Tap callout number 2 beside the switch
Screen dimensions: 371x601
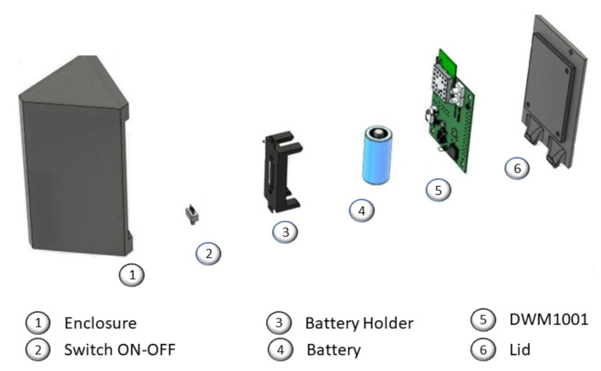click(x=208, y=253)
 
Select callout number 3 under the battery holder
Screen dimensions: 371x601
click(x=284, y=232)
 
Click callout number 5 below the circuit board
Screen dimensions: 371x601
click(x=438, y=188)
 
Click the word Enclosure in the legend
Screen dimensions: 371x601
click(x=101, y=323)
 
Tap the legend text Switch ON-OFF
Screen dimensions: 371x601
click(x=120, y=350)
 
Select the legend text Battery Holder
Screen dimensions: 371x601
click(x=359, y=323)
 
